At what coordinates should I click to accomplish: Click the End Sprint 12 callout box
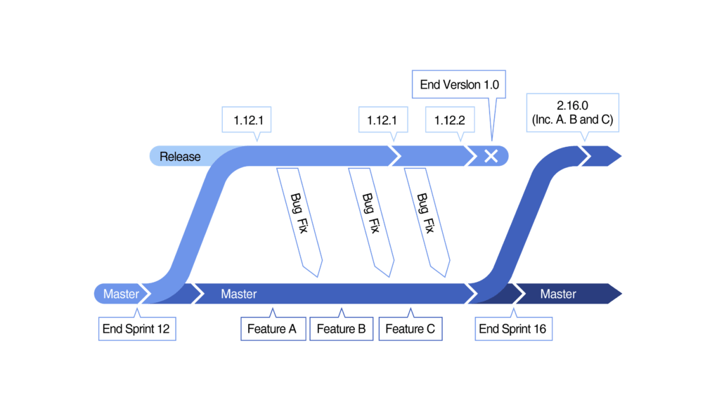136,328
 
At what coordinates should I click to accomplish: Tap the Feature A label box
273,328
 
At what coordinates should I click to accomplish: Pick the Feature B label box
341,328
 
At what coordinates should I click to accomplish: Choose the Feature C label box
410,328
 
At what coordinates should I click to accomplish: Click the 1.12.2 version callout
450,120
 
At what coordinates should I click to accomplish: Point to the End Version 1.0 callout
459,84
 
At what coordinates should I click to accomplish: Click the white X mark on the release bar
491,156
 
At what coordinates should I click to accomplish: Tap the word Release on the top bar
180,156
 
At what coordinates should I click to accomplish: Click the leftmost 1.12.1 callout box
247,120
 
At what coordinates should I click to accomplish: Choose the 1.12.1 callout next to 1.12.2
382,120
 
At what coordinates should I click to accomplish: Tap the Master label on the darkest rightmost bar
558,294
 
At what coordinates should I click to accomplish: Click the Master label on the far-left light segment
121,294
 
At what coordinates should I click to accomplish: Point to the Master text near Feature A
239,294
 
